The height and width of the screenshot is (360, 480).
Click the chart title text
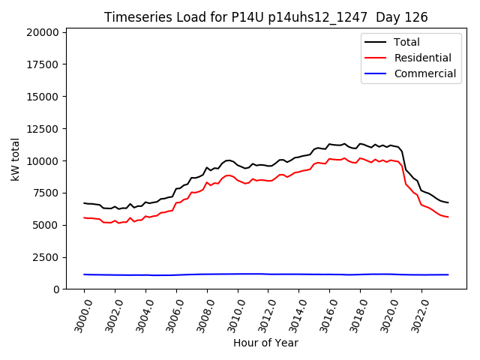(x=266, y=17)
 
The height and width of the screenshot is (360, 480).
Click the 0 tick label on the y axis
(x=56, y=289)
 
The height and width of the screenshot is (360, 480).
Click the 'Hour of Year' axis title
(x=265, y=343)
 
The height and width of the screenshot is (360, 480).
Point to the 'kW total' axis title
(x=15, y=159)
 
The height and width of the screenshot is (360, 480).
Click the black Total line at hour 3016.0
(x=330, y=144)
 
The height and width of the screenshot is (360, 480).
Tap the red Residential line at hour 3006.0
(x=177, y=202)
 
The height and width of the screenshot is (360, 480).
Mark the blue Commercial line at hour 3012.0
(x=268, y=274)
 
